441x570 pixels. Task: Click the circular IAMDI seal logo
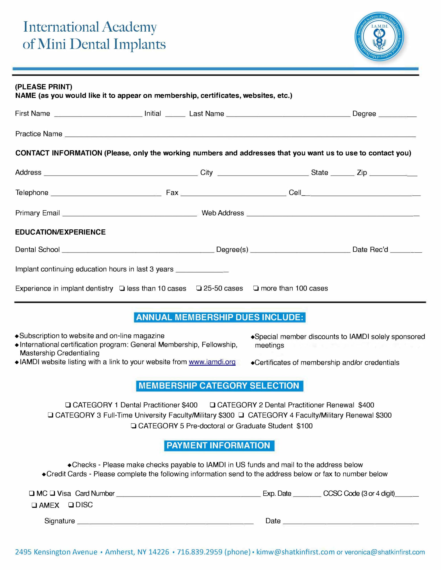pos(379,37)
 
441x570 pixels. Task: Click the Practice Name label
pos(39,134)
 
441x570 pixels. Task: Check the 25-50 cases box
pos(199,288)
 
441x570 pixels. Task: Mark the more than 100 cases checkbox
pos(256,288)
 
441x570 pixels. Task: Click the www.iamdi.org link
pos(212,362)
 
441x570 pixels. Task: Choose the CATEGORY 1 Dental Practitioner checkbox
pos(68,405)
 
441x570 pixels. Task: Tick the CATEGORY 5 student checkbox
pos(133,426)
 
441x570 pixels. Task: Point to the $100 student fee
pos(304,426)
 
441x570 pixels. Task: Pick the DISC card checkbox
pos(71,505)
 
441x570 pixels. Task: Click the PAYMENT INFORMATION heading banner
pos(219,446)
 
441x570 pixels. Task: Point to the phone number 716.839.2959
pos(200,552)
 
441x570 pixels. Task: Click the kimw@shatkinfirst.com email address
pos(295,552)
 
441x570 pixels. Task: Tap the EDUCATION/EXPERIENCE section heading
pos(60,232)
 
